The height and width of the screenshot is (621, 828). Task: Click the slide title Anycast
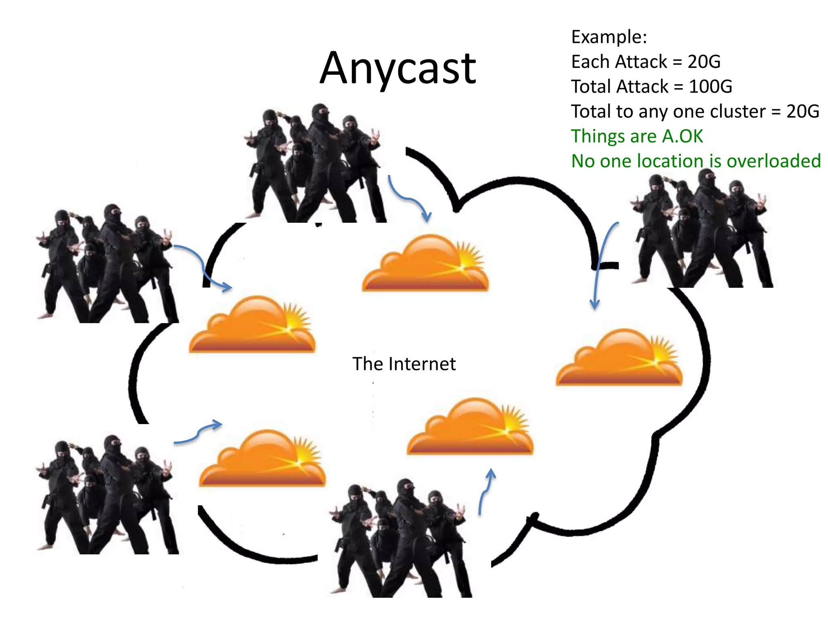pyautogui.click(x=398, y=69)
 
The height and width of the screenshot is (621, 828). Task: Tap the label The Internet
pyautogui.click(x=404, y=363)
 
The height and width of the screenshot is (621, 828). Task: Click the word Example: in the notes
pyautogui.click(x=609, y=37)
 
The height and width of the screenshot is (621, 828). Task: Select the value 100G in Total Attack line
pyautogui.click(x=710, y=87)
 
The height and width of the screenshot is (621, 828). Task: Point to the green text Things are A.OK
pyautogui.click(x=637, y=136)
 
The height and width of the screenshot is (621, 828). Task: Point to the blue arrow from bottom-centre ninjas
pyautogui.click(x=485, y=491)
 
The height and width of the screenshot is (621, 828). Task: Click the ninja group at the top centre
pyautogui.click(x=313, y=164)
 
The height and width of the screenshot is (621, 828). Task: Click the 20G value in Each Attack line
pyautogui.click(x=704, y=62)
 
